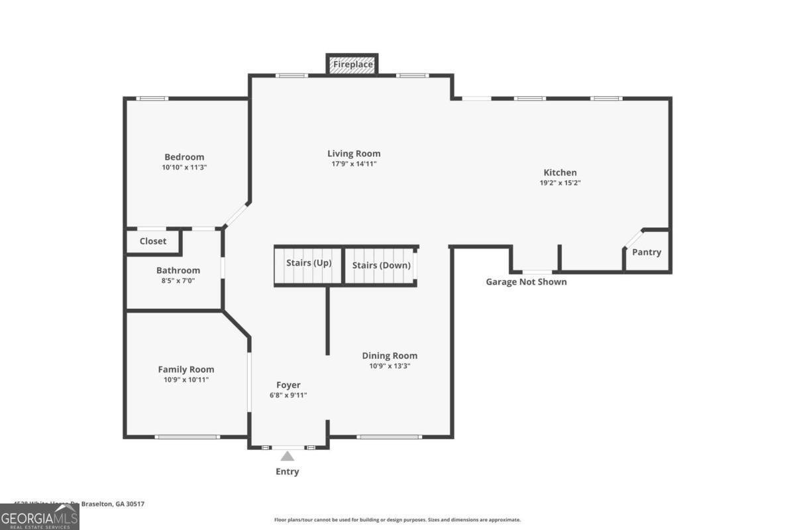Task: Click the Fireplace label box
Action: click(x=352, y=64)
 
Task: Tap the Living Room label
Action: click(x=354, y=154)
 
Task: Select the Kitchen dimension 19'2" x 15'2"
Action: click(x=560, y=183)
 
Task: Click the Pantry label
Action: click(x=646, y=252)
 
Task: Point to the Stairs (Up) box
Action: click(x=308, y=264)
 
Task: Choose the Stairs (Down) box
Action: click(x=381, y=266)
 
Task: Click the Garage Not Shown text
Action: click(x=526, y=282)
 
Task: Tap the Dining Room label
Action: click(x=390, y=356)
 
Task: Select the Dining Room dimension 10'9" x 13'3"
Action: click(x=390, y=366)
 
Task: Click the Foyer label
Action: click(x=288, y=385)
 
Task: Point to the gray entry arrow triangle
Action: click(x=287, y=456)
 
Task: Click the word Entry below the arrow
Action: click(x=287, y=472)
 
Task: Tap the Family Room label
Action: click(x=185, y=369)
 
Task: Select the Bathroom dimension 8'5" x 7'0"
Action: click(x=178, y=280)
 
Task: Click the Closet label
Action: click(x=153, y=241)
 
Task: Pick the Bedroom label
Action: click(x=184, y=157)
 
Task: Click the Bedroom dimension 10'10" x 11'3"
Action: click(x=184, y=168)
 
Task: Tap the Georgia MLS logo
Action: click(x=39, y=517)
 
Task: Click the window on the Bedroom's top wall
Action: click(x=152, y=99)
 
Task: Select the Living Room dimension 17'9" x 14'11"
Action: click(x=354, y=164)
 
